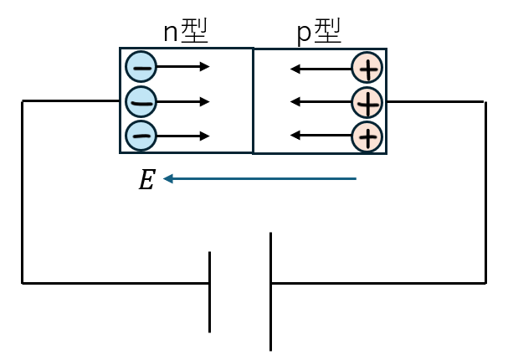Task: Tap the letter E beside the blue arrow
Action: [x=146, y=180]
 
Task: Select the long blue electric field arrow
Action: [x=260, y=178]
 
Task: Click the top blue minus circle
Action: [x=141, y=67]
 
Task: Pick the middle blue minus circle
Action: [x=141, y=102]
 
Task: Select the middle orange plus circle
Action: [x=367, y=102]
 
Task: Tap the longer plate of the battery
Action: [x=270, y=291]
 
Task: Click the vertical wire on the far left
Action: [x=23, y=192]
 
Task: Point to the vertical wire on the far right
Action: [x=485, y=192]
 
